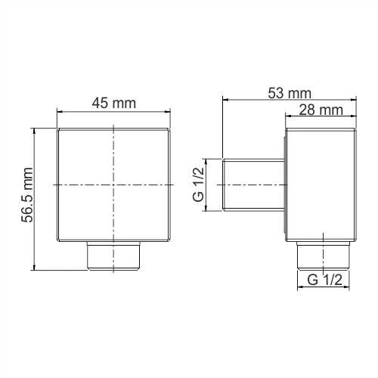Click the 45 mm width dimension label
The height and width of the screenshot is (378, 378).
click(113, 104)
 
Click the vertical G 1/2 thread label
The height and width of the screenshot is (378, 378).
click(198, 184)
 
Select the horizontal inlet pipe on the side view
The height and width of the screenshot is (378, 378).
click(253, 184)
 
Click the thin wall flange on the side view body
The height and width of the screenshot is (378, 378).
click(286, 184)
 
